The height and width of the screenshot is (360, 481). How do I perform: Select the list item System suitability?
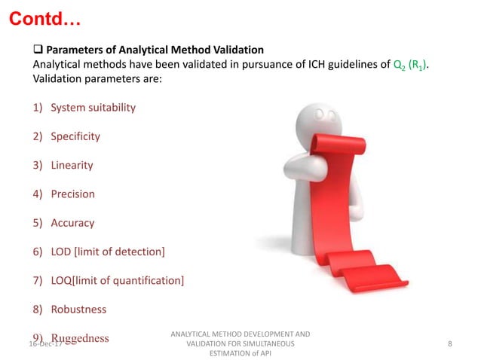[93, 107]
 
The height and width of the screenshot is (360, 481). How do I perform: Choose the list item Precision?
[72, 194]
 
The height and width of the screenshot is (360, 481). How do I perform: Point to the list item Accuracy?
[72, 223]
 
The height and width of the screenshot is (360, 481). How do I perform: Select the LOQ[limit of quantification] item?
[117, 280]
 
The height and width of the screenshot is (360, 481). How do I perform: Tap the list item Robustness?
[78, 309]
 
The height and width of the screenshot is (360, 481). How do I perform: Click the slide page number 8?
[449, 343]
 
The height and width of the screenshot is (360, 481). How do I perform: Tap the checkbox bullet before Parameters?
[37, 50]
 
